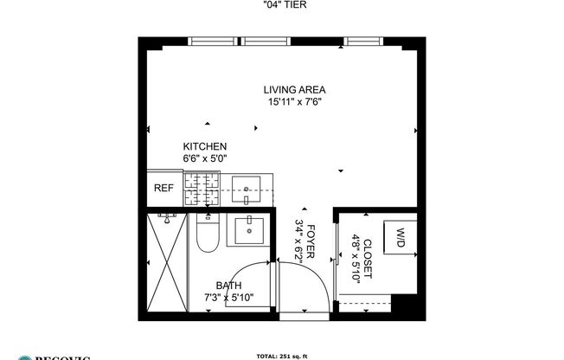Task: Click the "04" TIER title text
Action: (x=284, y=5)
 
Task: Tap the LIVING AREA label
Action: (x=295, y=89)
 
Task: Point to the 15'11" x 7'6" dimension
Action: (x=295, y=101)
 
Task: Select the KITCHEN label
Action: (x=204, y=147)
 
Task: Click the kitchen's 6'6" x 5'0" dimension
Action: (x=204, y=159)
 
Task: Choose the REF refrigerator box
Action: (x=163, y=188)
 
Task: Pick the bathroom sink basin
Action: (x=250, y=229)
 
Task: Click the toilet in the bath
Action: (x=207, y=235)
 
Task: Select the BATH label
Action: (x=228, y=286)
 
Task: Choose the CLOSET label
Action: (x=367, y=258)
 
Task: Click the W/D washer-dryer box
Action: (x=401, y=236)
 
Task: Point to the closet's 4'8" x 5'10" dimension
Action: (x=355, y=258)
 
